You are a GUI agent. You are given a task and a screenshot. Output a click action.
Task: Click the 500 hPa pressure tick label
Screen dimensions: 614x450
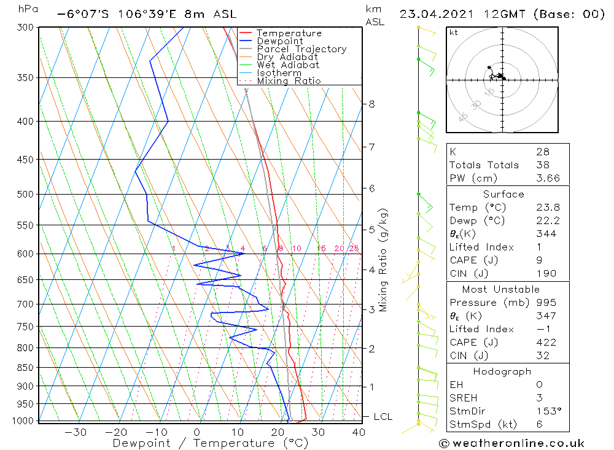pos(25,194)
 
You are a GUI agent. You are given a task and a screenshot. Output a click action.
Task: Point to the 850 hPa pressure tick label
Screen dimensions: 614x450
pos(25,367)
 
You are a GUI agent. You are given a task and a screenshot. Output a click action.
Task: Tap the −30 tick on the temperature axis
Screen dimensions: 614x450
pos(76,432)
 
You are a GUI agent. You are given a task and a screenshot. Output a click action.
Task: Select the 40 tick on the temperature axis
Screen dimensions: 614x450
pos(359,432)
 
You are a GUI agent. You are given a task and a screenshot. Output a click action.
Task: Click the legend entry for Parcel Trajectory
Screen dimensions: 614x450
pos(301,49)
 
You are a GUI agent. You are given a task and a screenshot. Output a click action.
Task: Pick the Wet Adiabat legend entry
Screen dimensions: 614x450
pos(288,65)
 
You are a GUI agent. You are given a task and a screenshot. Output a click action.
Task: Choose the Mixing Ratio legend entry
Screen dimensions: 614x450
pos(289,81)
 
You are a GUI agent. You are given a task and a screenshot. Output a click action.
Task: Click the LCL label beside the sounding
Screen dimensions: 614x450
pos(383,417)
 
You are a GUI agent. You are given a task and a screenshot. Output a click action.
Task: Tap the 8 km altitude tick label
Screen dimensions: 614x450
pos(371,104)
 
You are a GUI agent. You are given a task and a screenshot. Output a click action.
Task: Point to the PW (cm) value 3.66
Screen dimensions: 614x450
pos(548,178)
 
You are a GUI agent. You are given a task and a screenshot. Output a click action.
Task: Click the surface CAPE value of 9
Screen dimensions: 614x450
pos(539,260)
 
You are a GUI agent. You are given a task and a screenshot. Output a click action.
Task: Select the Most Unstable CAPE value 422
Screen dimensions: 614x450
pos(546,343)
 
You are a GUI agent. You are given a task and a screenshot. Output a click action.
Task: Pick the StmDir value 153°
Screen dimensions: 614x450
pos(549,411)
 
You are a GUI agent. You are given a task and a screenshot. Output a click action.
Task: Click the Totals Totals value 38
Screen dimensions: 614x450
pos(543,165)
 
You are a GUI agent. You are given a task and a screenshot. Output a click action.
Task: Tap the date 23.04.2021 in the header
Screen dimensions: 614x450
pos(437,14)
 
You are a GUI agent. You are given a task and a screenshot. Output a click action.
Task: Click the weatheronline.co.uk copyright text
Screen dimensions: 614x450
pos(511,443)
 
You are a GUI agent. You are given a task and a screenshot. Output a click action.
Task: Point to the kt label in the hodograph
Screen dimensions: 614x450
pos(454,33)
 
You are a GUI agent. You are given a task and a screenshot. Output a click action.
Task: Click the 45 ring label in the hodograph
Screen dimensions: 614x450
pos(463,117)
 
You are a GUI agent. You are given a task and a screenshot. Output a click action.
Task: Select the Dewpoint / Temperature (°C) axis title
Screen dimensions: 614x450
pos(211,443)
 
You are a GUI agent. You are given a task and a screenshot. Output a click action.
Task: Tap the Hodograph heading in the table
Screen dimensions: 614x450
pos(502,371)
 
